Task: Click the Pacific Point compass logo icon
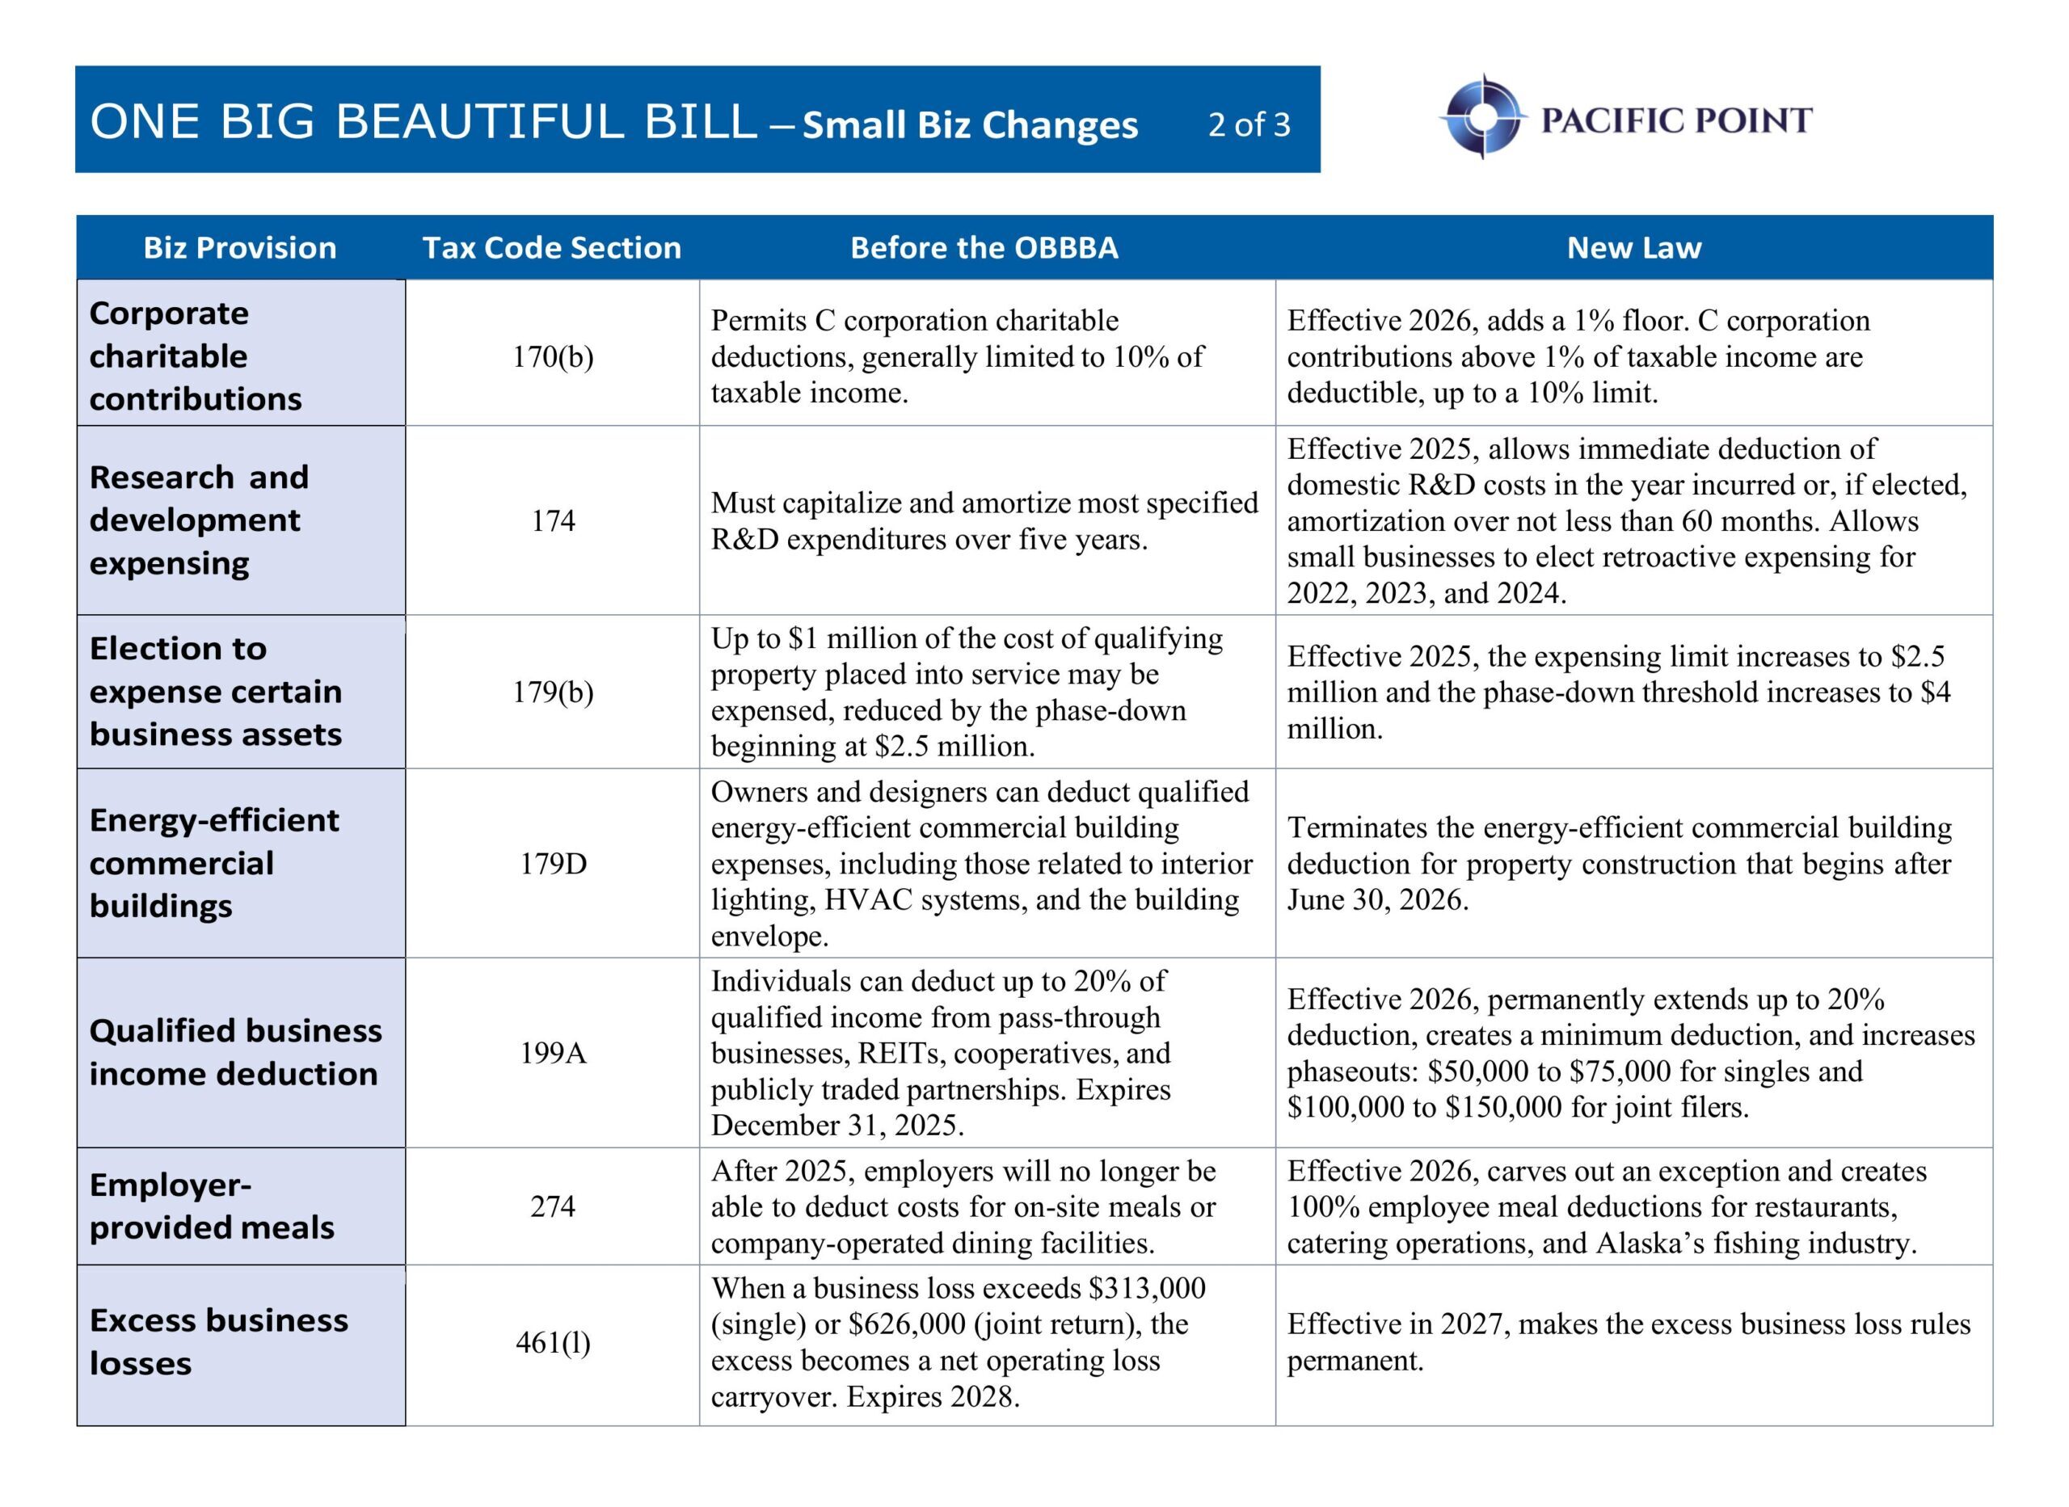pos(1483,118)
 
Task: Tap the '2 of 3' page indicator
pos(1249,124)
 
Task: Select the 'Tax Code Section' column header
pos(551,248)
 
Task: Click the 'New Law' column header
pos(1633,248)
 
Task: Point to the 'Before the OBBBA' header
pos(984,248)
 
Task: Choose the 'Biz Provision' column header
pos(240,248)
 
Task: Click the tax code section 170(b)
pos(553,356)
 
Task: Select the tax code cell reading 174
pos(553,521)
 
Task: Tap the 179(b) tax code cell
pos(553,692)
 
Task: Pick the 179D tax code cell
pos(553,864)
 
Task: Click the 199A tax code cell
pos(553,1054)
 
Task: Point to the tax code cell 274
pos(553,1207)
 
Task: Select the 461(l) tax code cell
pos(553,1343)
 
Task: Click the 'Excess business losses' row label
pos(218,1342)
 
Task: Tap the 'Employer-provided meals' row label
pos(212,1206)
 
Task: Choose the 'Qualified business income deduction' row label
pos(234,1052)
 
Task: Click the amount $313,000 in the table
pos(1147,1288)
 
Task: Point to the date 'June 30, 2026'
pos(1377,900)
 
